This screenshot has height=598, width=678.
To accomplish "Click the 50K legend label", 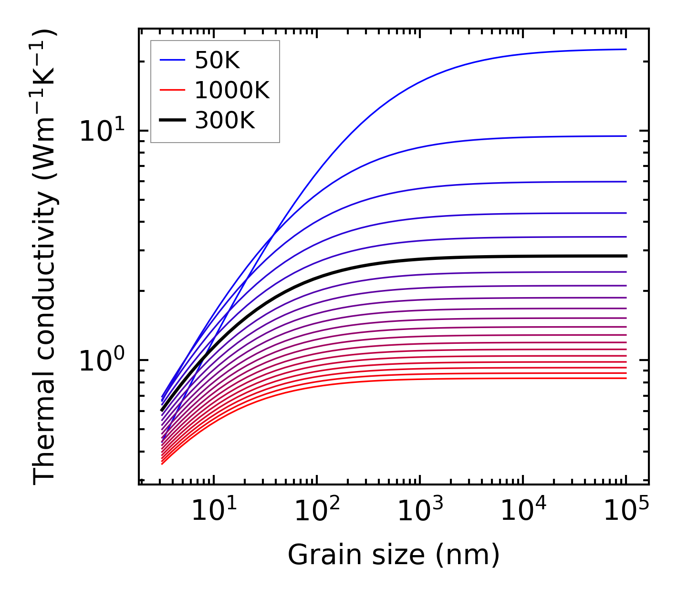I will point(217,61).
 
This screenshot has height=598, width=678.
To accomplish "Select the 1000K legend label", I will point(232,90).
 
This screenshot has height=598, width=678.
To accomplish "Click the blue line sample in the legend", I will point(172,60).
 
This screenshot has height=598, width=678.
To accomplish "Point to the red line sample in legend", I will point(172,90).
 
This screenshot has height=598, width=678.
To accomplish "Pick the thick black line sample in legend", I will point(172,120).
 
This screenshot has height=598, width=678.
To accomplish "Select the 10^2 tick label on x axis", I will point(317,511).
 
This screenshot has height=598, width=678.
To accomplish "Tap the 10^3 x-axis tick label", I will point(420,511).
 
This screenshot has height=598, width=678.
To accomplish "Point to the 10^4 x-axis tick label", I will point(523,511).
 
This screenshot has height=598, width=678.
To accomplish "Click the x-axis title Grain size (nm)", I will point(394,555).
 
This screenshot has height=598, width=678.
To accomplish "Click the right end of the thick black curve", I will point(626,256).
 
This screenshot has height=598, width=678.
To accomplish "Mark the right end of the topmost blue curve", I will point(626,49).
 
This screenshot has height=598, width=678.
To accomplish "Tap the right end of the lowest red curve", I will point(626,378).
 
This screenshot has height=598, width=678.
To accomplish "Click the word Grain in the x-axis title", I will point(315,555).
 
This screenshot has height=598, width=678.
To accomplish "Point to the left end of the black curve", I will point(162,410).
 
